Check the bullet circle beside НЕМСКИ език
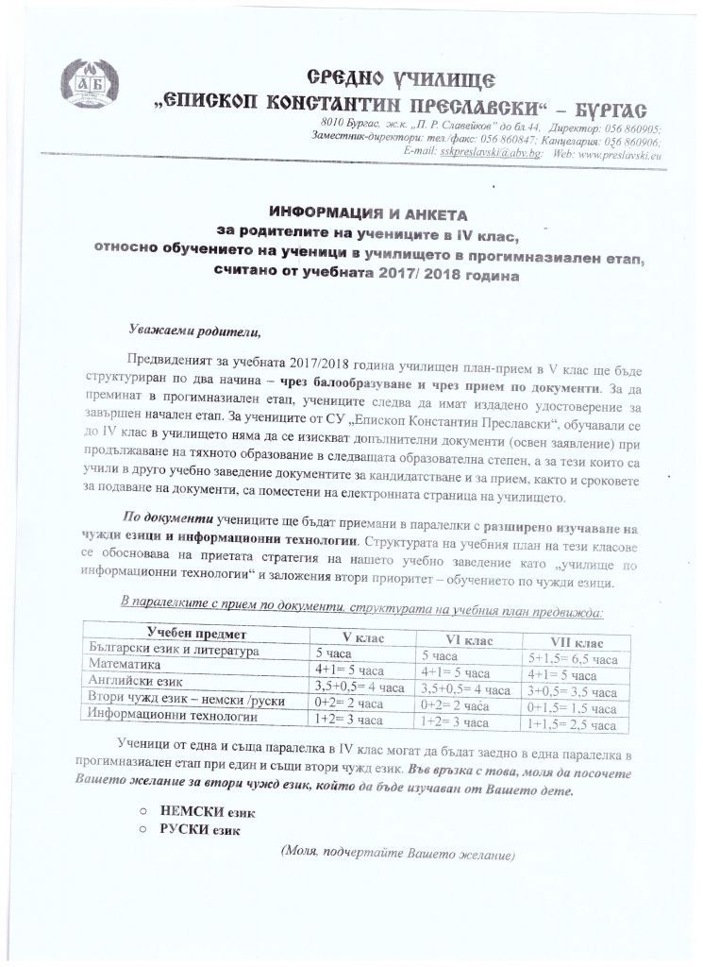[x=141, y=811]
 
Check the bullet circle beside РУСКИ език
[x=141, y=830]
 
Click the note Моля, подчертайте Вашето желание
[x=397, y=854]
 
